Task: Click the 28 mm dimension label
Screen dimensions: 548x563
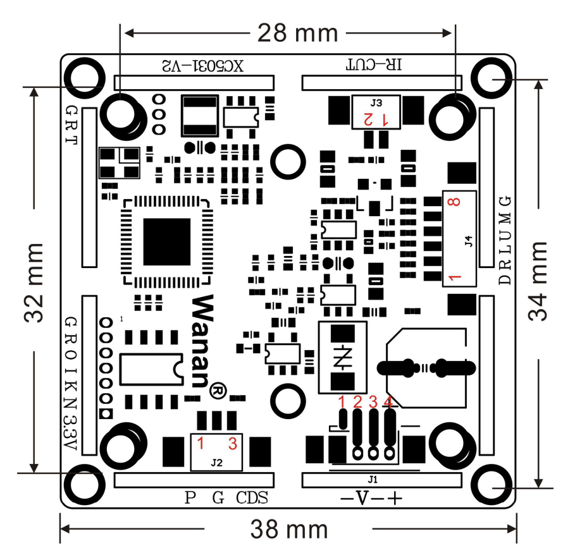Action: pyautogui.click(x=297, y=31)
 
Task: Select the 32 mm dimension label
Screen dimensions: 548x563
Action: pyautogui.click(x=35, y=281)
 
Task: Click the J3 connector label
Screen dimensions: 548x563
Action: pyautogui.click(x=376, y=102)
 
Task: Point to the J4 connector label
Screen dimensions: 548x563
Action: pyautogui.click(x=468, y=240)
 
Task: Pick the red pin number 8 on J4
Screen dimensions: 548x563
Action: pyautogui.click(x=452, y=203)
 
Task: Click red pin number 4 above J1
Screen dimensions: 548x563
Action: pyautogui.click(x=388, y=401)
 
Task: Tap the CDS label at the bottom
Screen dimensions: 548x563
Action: pyautogui.click(x=252, y=498)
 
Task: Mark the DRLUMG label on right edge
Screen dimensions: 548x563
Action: pyautogui.click(x=504, y=240)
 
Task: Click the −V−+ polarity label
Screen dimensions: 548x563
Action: pyautogui.click(x=371, y=498)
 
